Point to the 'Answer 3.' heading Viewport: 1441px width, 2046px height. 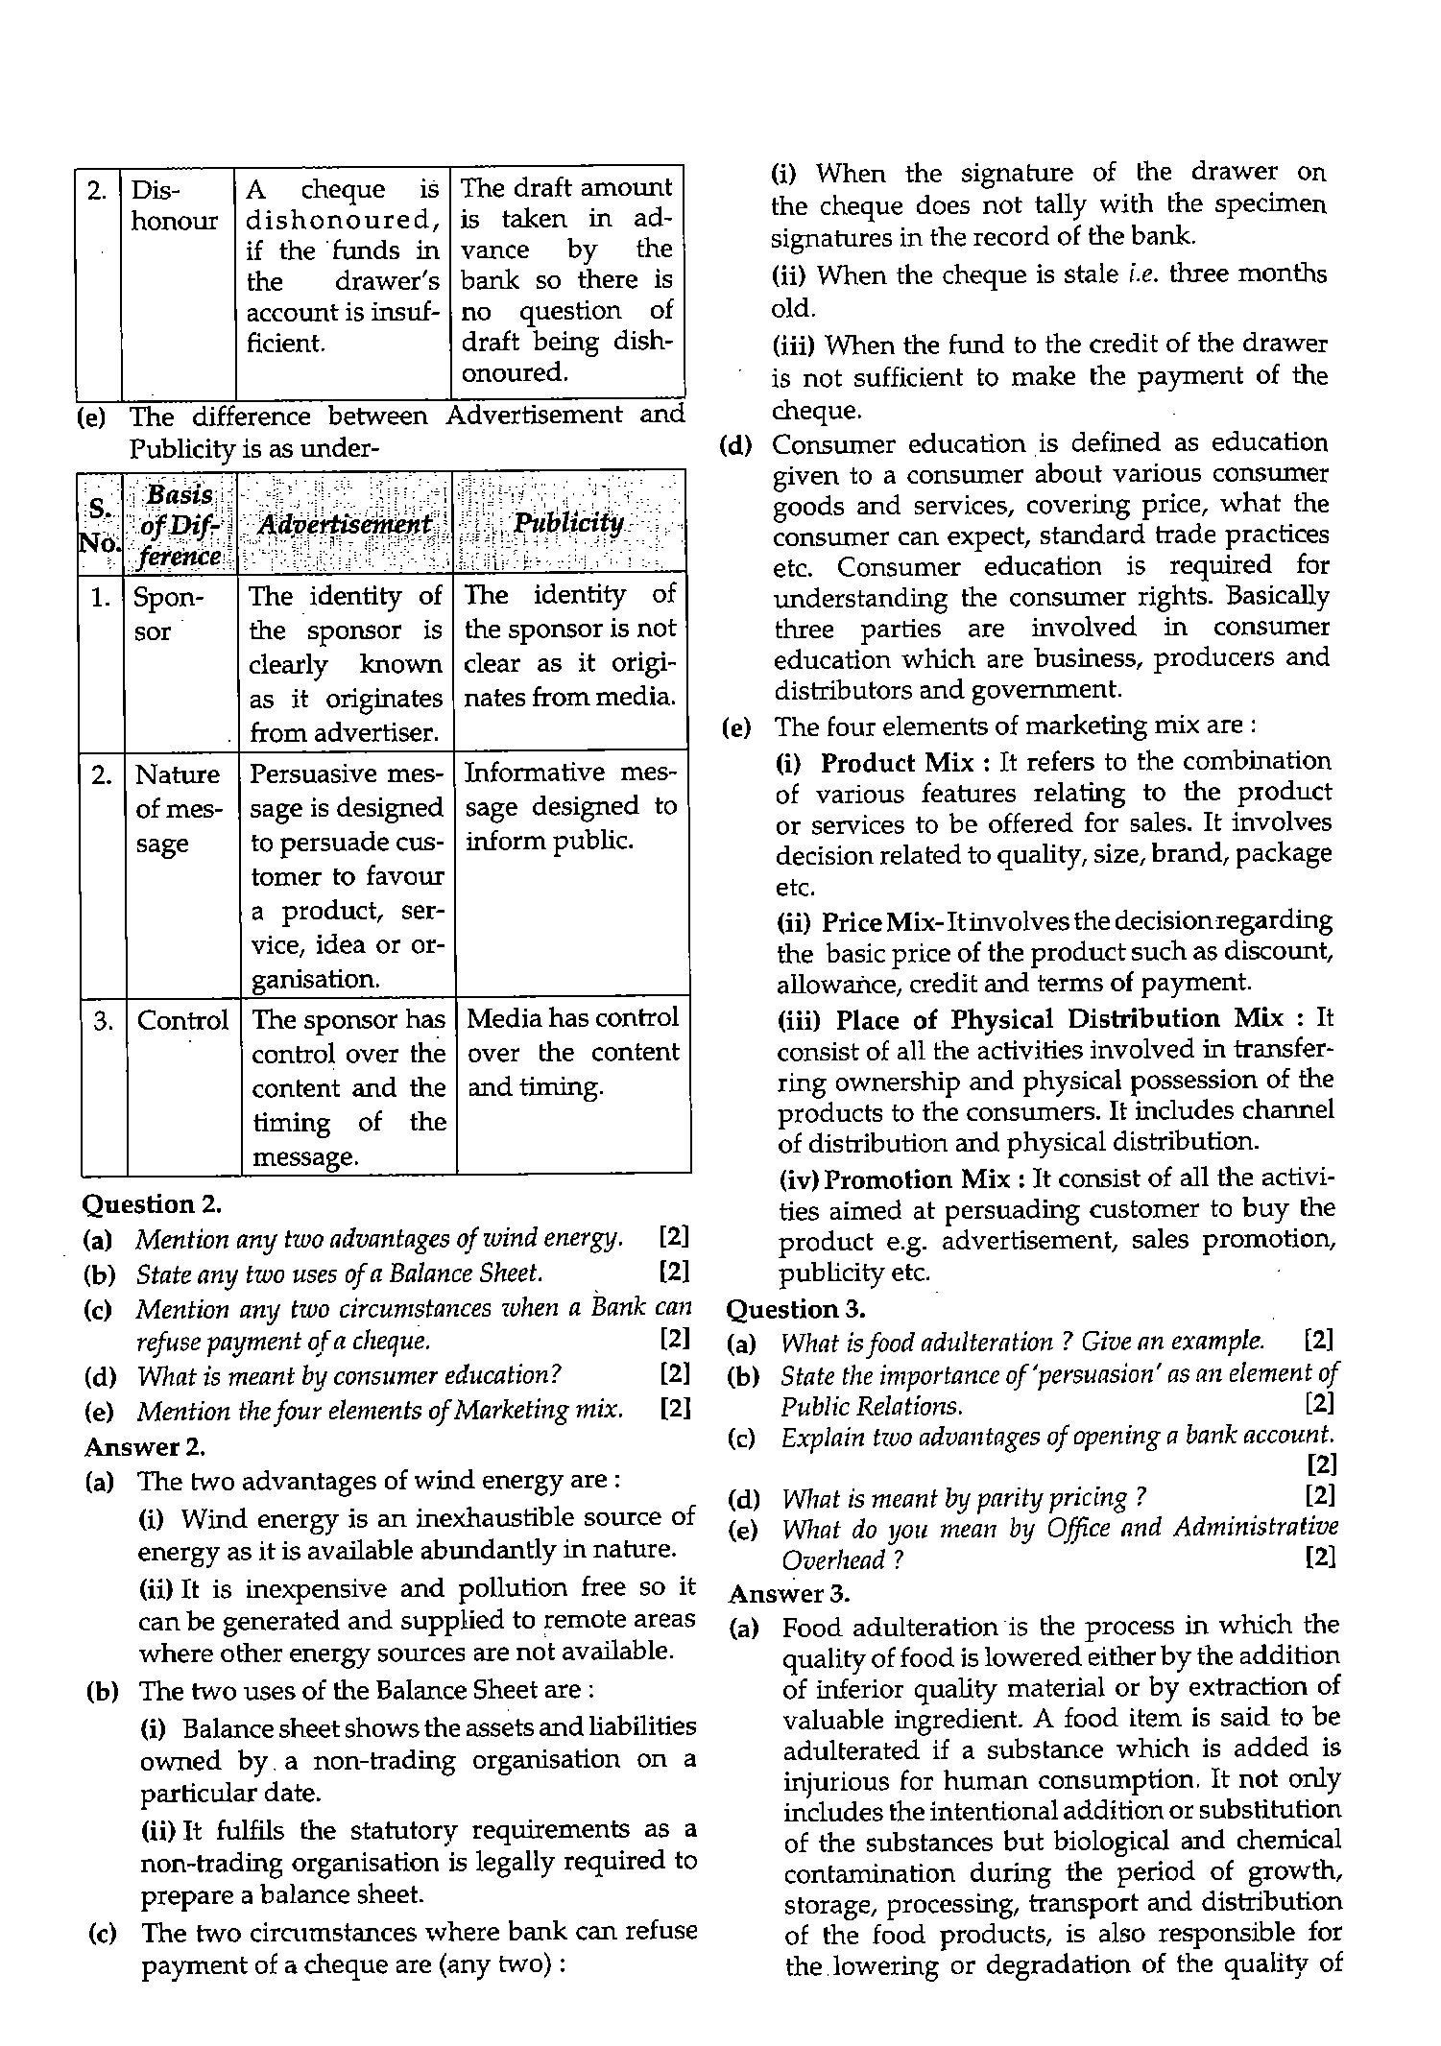[789, 1593]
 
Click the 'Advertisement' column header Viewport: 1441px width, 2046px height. [346, 524]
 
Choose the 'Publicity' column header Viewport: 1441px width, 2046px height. [569, 523]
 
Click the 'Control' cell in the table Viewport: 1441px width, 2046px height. [182, 1020]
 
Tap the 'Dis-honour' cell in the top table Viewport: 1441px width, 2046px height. [174, 204]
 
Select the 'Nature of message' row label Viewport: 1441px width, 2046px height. [178, 808]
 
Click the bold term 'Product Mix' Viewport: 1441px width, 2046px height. [897, 762]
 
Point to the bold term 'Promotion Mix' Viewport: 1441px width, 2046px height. [916, 1178]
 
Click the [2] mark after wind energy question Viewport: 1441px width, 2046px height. [675, 1237]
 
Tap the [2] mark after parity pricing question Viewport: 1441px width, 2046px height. [1321, 1496]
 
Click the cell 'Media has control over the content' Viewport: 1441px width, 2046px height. [572, 1052]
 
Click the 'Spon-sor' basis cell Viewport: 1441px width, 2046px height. [168, 614]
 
